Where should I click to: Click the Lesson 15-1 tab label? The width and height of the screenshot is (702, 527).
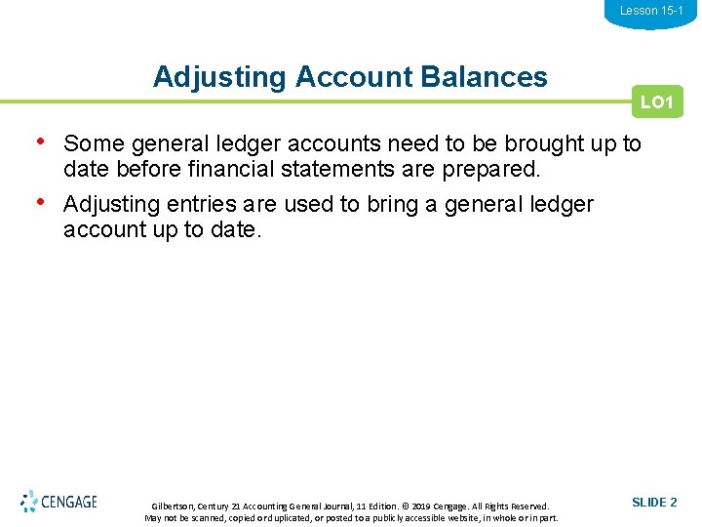pyautogui.click(x=651, y=11)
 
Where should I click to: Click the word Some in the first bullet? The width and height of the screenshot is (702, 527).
pyautogui.click(x=94, y=144)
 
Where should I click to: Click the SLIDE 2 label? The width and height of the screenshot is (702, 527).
pyautogui.click(x=654, y=503)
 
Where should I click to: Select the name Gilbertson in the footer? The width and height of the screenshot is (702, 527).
pyautogui.click(x=173, y=507)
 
